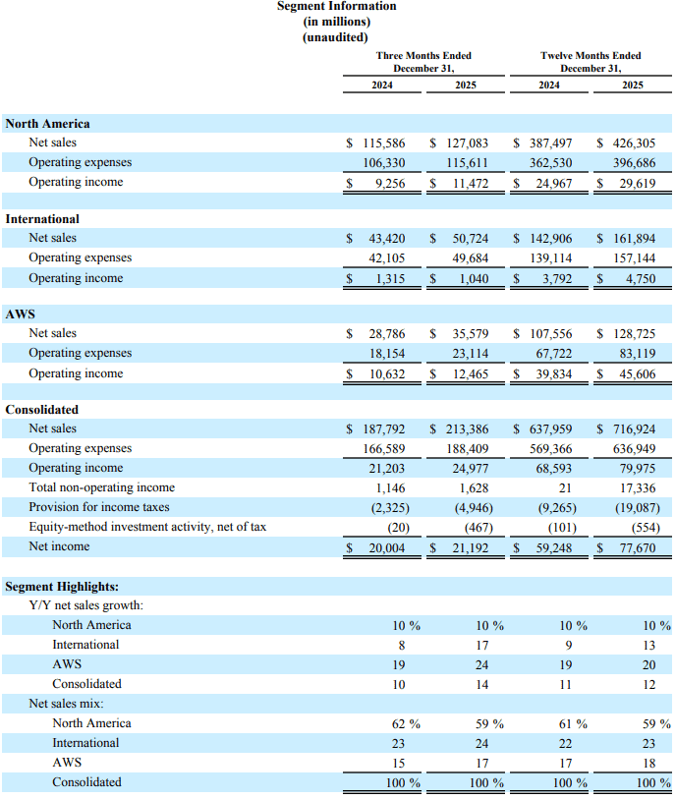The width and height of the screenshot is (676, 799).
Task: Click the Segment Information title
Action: coord(336,6)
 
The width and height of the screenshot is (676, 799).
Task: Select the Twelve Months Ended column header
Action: coord(591,55)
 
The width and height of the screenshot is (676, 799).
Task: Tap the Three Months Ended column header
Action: coord(423,55)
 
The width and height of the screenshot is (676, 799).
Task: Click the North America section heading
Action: coord(47,124)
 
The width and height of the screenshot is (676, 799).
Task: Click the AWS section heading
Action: coord(21,314)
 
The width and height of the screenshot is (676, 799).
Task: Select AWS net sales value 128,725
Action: coord(633,333)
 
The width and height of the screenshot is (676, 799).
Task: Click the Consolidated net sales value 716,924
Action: coord(633,428)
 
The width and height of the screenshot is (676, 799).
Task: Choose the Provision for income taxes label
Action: coord(99,507)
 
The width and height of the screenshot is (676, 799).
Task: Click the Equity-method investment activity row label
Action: coord(147,527)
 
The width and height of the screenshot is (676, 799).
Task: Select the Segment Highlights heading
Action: coord(62,587)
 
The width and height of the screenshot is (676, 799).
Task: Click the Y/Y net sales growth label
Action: coord(86,605)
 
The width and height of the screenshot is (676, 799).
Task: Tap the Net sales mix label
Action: coord(67,704)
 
